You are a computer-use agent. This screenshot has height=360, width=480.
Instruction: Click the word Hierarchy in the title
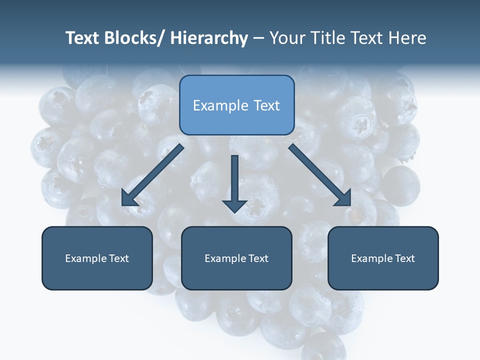coord(209,38)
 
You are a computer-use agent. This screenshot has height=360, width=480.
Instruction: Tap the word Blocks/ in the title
coord(135,38)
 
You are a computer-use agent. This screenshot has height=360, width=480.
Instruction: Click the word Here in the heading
coord(407,38)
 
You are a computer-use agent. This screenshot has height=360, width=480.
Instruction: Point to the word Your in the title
coord(287,38)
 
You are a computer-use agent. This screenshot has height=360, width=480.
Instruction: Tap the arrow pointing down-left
coord(155,173)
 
